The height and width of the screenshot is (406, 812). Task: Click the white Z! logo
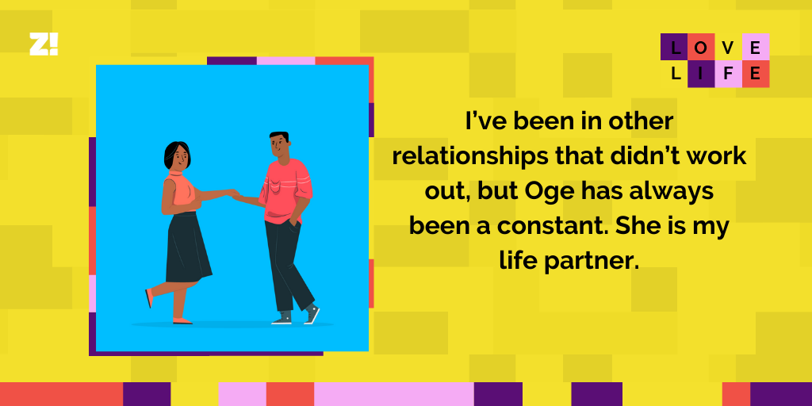[x=44, y=44]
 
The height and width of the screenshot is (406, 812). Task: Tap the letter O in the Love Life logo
[x=702, y=48]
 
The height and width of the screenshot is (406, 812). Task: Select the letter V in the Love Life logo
[x=729, y=48]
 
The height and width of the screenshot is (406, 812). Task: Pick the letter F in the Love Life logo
[x=729, y=74]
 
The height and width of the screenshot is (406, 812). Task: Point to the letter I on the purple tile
[x=702, y=74]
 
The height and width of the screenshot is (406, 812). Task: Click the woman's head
[x=177, y=156]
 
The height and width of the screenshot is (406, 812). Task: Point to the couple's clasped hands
[x=234, y=193]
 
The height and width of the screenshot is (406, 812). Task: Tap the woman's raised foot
[x=149, y=297]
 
